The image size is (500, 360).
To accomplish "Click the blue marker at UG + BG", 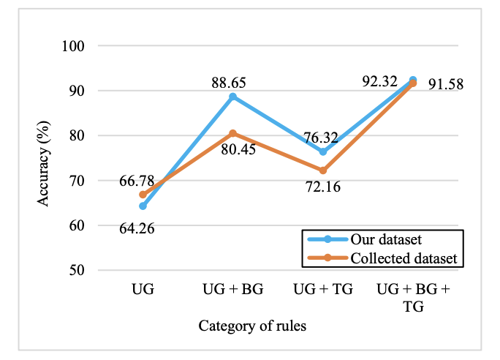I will click(x=232, y=97).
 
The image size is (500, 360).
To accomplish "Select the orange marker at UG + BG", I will click(x=232, y=133).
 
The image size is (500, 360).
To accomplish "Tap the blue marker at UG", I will click(x=143, y=206).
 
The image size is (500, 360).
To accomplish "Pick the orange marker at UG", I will click(x=143, y=195).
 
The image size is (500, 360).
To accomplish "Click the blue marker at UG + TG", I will click(x=322, y=151).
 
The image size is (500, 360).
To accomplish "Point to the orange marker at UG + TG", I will click(x=322, y=170).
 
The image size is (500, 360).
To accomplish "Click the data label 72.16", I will click(x=322, y=188).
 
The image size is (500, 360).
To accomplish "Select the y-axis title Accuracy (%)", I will click(x=45, y=158).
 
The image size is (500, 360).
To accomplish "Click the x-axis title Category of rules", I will click(x=252, y=326).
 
